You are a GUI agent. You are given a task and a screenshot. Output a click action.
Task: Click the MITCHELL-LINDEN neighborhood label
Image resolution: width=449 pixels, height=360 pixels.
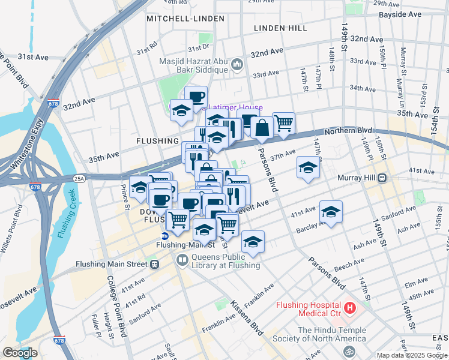[185, 19]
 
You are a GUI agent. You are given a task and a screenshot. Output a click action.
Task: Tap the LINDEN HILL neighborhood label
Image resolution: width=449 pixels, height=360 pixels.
[280, 28]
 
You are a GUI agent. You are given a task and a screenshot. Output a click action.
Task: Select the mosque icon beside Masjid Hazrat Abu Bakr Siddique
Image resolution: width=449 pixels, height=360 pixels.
[237, 64]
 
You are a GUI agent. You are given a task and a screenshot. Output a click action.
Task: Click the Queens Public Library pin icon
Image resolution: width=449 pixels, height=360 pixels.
[181, 260]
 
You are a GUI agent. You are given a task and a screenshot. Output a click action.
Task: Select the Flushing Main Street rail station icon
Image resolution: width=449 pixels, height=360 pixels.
[155, 264]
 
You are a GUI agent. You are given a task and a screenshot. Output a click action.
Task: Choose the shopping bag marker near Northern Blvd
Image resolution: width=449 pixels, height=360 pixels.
[262, 128]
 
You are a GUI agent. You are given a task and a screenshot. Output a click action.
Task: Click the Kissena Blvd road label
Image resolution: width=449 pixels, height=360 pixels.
[247, 318]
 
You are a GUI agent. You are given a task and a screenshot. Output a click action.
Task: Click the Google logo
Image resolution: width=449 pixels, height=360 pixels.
[20, 353]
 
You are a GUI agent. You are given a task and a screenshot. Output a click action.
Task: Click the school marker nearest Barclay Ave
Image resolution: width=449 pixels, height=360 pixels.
[331, 212]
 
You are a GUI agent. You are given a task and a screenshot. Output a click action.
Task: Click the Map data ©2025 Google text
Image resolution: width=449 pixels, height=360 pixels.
[411, 355]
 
